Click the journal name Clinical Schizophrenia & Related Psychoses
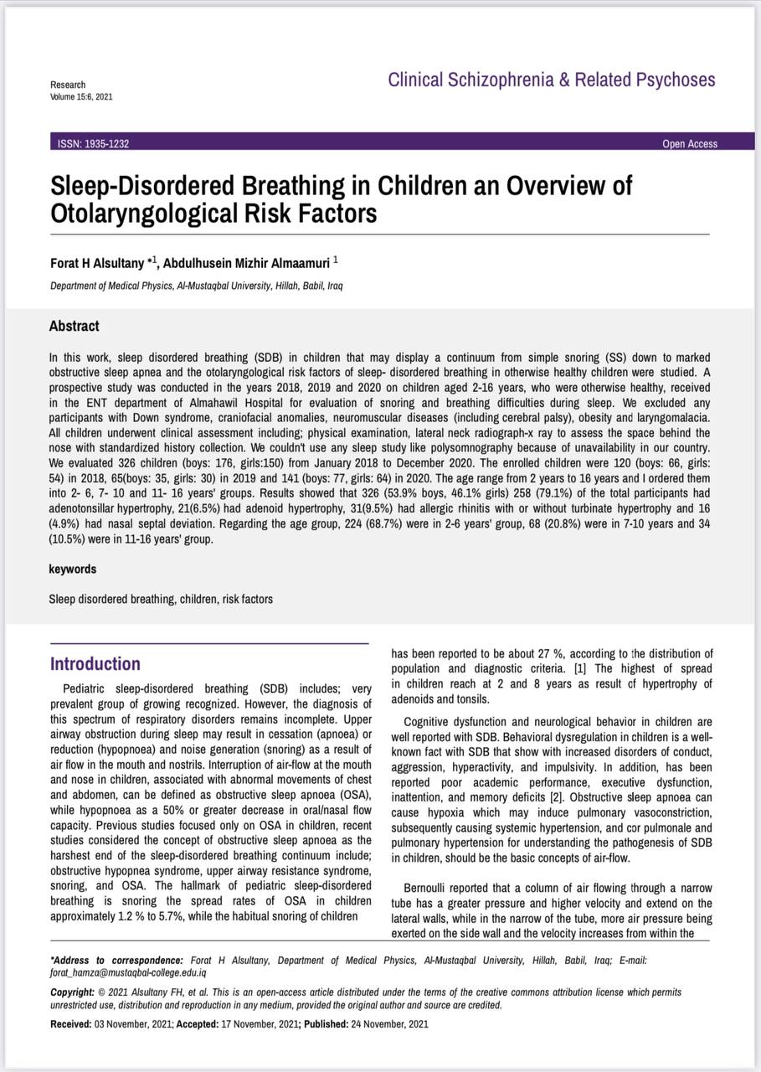pyautogui.click(x=552, y=80)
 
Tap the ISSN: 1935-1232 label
pyautogui.click(x=93, y=143)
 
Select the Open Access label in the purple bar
pyautogui.click(x=690, y=144)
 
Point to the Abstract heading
pyautogui.click(x=74, y=326)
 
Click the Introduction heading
pyautogui.click(x=95, y=664)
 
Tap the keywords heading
pyautogui.click(x=73, y=569)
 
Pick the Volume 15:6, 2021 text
pyautogui.click(x=81, y=96)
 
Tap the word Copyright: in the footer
pyautogui.click(x=72, y=992)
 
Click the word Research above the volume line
pyautogui.click(x=68, y=85)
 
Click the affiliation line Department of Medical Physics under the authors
pyautogui.click(x=196, y=286)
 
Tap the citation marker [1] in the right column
pyautogui.click(x=580, y=668)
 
